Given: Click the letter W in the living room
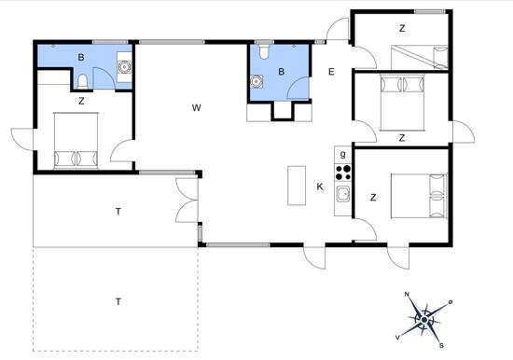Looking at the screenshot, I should point(197,108).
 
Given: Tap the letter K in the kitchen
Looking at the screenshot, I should point(320,187).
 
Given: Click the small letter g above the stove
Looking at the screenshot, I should point(343,154).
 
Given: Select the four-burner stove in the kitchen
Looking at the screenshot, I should point(343,172).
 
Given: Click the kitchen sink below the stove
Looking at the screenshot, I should point(343,194).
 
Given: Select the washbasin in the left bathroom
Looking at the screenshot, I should point(124,66).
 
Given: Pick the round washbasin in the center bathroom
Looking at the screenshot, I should point(256,80).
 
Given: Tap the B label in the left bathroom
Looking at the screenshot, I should point(81,58).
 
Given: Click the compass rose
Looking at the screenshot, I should point(424,320).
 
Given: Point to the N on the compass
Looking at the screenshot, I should point(407,296).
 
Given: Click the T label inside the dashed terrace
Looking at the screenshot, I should point(118,301).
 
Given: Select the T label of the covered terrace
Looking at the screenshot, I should point(118,212).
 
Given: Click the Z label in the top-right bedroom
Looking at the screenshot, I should point(402,28).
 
